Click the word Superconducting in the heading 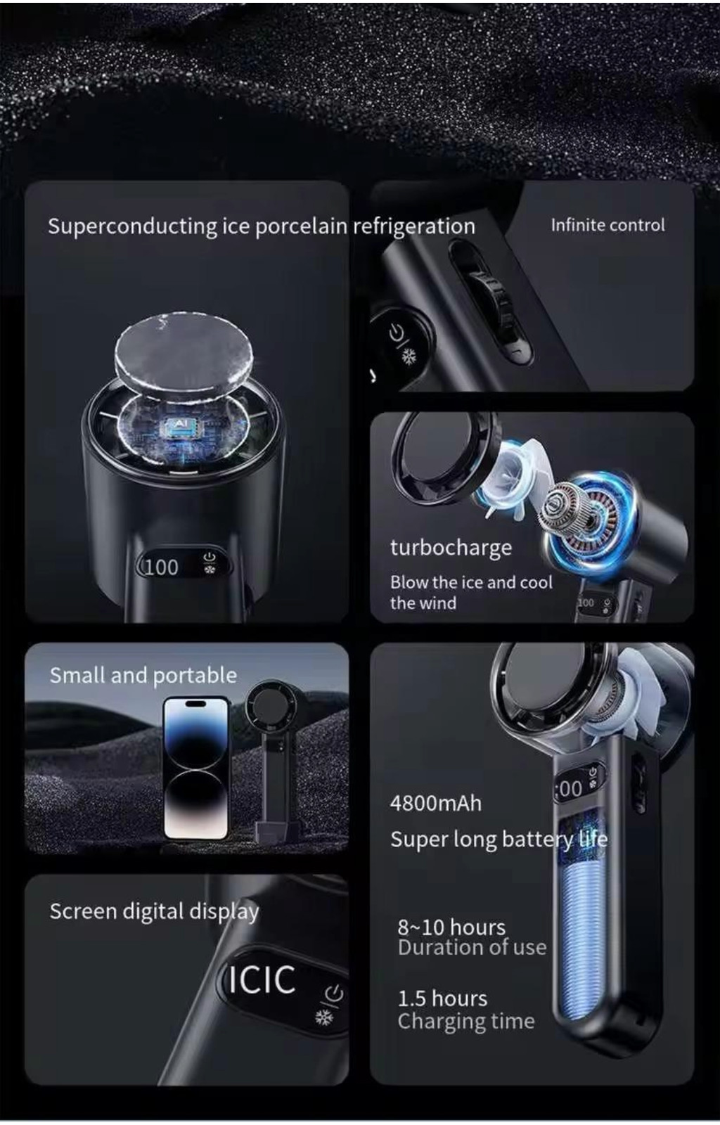click(133, 226)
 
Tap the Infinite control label click(608, 225)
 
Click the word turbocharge click(451, 548)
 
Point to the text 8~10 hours click(451, 927)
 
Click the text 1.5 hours click(442, 998)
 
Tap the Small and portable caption click(143, 676)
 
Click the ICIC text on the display click(262, 980)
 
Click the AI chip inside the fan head click(181, 426)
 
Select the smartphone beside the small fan click(196, 768)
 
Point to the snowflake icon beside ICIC click(324, 1017)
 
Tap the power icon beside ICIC click(335, 993)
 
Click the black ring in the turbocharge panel click(444, 458)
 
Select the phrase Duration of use click(472, 948)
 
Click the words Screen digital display click(154, 911)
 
